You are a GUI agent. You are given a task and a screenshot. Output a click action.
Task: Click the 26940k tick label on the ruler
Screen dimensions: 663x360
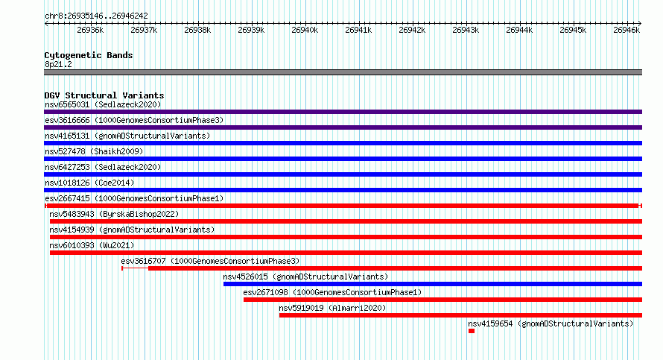[305, 30]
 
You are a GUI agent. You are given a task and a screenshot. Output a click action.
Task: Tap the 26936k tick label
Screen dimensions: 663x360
[90, 30]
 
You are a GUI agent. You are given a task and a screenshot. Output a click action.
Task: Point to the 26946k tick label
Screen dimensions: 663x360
[626, 30]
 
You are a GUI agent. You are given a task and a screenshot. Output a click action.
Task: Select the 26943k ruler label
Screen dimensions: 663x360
[466, 30]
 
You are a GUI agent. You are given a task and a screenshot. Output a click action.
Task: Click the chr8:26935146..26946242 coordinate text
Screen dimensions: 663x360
[96, 16]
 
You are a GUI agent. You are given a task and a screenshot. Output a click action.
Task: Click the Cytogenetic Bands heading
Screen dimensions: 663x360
[89, 55]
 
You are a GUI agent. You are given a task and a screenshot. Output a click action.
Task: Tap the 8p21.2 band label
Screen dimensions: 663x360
[58, 64]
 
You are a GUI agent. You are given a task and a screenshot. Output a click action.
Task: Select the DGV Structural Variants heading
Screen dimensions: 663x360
[104, 95]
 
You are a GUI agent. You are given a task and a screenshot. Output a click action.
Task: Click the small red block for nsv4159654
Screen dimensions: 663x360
[472, 331]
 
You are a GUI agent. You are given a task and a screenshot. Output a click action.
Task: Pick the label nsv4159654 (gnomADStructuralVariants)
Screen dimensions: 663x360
[551, 323]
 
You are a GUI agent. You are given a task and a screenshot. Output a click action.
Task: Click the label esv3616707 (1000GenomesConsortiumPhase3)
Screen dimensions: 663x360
[210, 261]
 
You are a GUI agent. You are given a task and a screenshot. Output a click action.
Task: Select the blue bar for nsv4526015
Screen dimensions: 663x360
[433, 284]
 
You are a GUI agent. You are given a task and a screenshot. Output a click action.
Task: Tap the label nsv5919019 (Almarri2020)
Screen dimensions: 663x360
[332, 308]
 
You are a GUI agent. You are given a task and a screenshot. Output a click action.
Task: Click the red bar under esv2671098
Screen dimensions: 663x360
[442, 300]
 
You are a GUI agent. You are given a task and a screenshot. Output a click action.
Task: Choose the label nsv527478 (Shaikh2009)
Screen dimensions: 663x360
[94, 151]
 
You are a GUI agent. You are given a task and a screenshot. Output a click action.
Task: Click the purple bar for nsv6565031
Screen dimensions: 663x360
[343, 112]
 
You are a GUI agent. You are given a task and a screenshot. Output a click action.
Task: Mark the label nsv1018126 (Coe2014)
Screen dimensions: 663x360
[89, 183]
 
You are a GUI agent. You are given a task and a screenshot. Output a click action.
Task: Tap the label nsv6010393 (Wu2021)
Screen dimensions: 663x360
[92, 245]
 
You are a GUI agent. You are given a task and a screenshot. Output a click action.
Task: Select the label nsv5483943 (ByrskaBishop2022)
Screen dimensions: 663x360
[114, 214]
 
